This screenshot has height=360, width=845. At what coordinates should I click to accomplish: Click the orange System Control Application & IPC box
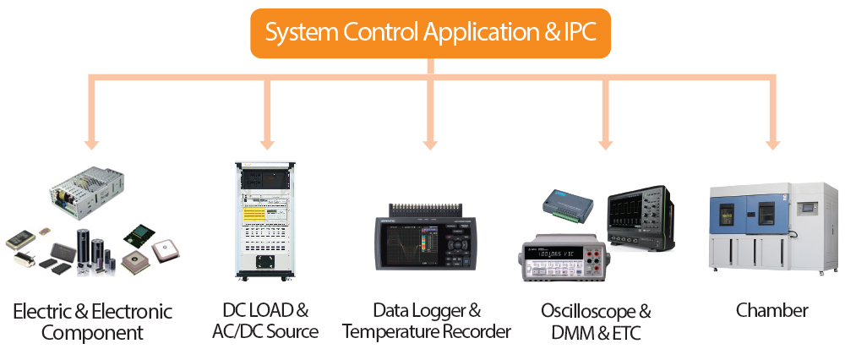tap(429, 33)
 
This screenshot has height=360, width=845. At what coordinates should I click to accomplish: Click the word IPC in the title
tap(579, 33)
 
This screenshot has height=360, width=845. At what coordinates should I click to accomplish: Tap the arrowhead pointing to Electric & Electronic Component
tap(92, 141)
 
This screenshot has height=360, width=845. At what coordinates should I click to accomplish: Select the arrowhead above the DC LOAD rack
tap(267, 141)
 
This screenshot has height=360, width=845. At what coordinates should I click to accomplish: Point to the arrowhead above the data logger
tap(430, 141)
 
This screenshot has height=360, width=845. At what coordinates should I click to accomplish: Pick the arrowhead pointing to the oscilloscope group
tap(605, 141)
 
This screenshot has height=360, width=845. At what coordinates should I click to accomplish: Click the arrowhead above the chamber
tap(771, 141)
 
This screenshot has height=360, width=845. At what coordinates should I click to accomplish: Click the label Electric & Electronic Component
tap(92, 322)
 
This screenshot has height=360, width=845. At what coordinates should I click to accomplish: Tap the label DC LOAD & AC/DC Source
tap(265, 320)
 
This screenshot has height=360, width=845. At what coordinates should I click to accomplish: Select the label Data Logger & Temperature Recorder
tap(427, 320)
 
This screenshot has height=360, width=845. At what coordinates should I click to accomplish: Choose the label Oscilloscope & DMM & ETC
tap(596, 321)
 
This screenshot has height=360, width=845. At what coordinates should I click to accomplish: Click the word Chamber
tap(771, 310)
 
